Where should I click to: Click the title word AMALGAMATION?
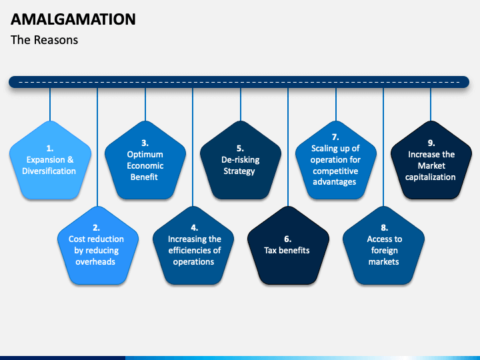(73, 19)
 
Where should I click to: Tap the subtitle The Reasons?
(45, 40)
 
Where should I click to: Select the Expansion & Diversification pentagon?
(50, 161)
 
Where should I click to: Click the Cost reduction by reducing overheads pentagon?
(98, 245)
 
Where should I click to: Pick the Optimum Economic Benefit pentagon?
(145, 161)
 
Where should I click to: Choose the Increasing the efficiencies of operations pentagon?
(193, 245)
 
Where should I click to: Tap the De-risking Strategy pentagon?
(241, 161)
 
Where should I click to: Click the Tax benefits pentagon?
(289, 245)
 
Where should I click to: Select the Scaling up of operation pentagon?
(336, 161)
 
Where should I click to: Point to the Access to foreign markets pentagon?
(383, 245)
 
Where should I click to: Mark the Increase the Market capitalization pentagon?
(431, 161)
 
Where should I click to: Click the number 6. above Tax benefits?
(287, 239)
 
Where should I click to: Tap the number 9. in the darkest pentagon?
(431, 143)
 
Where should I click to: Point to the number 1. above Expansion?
(50, 149)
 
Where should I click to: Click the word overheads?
(95, 262)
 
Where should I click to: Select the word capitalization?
(431, 177)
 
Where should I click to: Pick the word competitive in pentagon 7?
(335, 171)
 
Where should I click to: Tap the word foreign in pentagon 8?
(385, 251)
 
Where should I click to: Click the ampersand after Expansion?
(71, 159)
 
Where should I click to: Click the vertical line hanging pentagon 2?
(97, 147)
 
